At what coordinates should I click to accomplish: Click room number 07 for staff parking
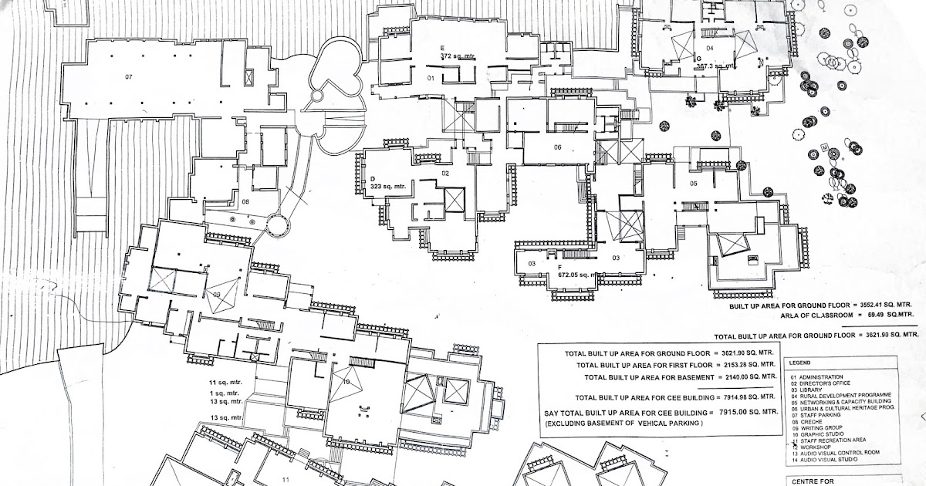129,76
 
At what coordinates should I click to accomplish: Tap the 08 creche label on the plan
245,201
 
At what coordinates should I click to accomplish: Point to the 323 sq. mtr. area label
388,186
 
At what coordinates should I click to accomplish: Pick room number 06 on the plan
556,147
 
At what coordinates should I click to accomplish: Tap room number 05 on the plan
693,184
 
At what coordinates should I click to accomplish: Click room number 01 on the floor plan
432,79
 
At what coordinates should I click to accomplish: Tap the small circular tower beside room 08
277,227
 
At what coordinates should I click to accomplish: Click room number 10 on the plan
346,382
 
